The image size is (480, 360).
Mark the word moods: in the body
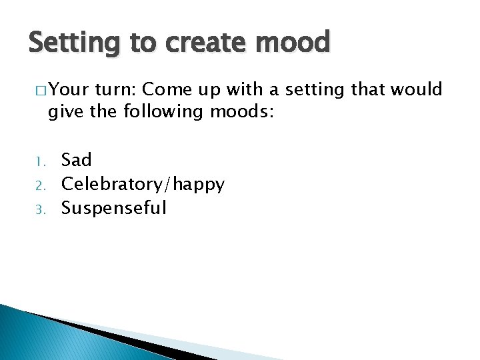point(241,111)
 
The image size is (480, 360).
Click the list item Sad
point(77,160)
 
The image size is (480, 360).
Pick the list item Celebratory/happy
point(143,185)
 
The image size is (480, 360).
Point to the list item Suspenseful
point(114,208)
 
